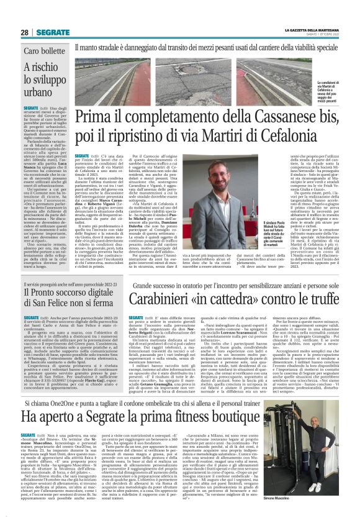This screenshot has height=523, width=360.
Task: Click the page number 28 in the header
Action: coord(24,32)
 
